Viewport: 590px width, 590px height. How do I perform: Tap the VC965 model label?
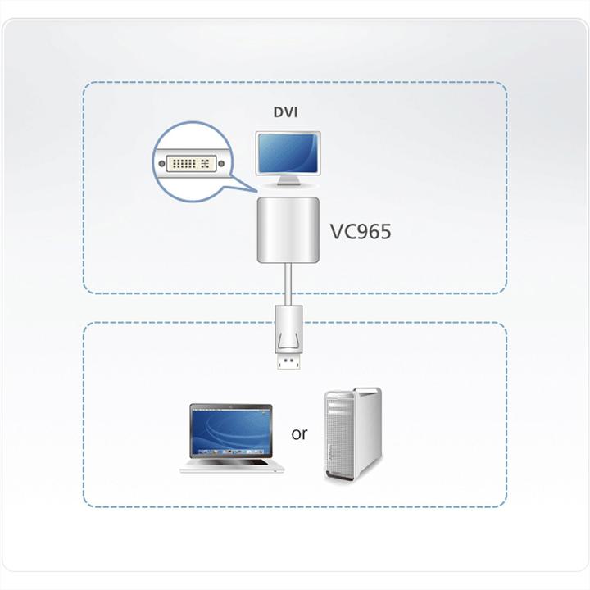pyautogui.click(x=360, y=232)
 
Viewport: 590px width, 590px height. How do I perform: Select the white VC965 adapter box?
pyautogui.click(x=287, y=229)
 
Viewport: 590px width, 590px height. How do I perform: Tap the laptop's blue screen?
pyautogui.click(x=230, y=429)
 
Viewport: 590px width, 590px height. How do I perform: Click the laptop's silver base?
pyautogui.click(x=232, y=465)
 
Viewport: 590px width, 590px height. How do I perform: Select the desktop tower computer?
pyautogui.click(x=352, y=435)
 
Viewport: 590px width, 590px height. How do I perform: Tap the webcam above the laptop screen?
pyautogui.click(x=230, y=406)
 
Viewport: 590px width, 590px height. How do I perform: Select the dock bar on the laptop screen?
pyautogui.click(x=230, y=451)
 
